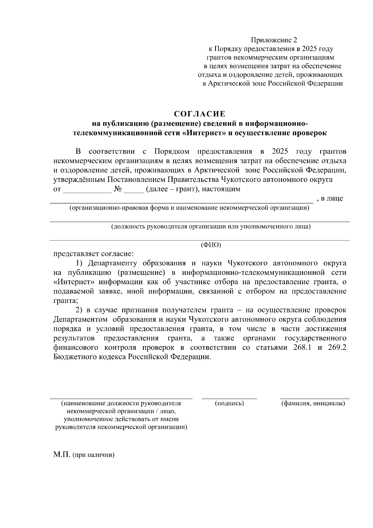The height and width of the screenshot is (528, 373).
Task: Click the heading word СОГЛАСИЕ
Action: coord(199,114)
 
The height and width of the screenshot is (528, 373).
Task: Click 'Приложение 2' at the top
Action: coord(274,40)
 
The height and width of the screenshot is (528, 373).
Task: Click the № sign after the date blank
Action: coord(118,189)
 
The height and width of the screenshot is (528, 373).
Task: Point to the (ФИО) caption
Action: coord(211,245)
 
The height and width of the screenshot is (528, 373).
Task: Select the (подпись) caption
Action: coord(229,403)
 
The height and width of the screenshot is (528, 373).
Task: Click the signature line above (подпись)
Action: coord(229,398)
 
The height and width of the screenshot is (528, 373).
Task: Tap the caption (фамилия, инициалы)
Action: coord(313,403)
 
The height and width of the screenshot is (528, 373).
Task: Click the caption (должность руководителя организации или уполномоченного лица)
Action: coord(211,226)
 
